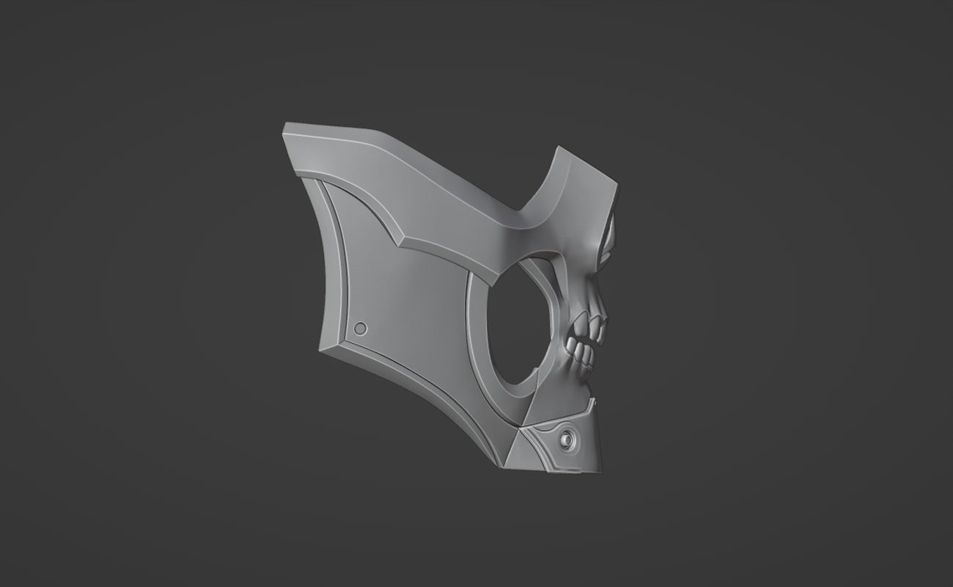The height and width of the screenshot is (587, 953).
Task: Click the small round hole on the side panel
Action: tap(360, 329)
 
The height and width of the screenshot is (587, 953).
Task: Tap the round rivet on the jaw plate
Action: tap(567, 440)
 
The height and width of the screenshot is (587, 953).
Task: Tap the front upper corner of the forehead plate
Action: tap(614, 180)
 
